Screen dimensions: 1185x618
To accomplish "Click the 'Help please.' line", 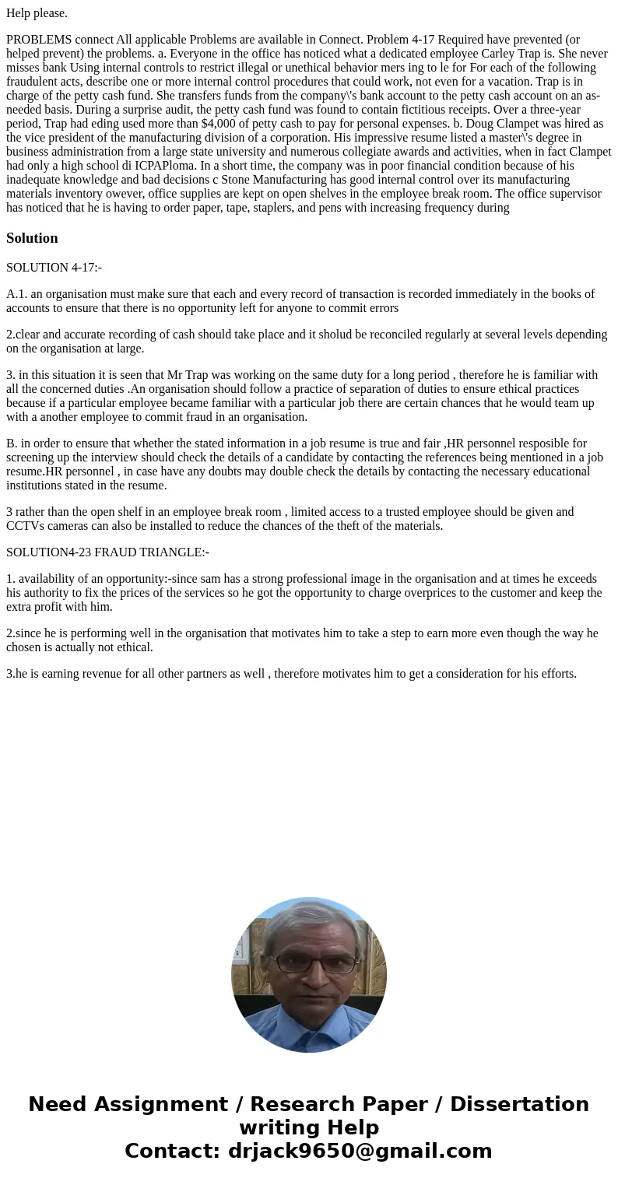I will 37,13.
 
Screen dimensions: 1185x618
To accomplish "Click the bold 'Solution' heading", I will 32,238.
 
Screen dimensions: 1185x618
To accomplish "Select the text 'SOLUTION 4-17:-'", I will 54,268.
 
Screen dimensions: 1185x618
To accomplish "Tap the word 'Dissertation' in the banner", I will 519,1104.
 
